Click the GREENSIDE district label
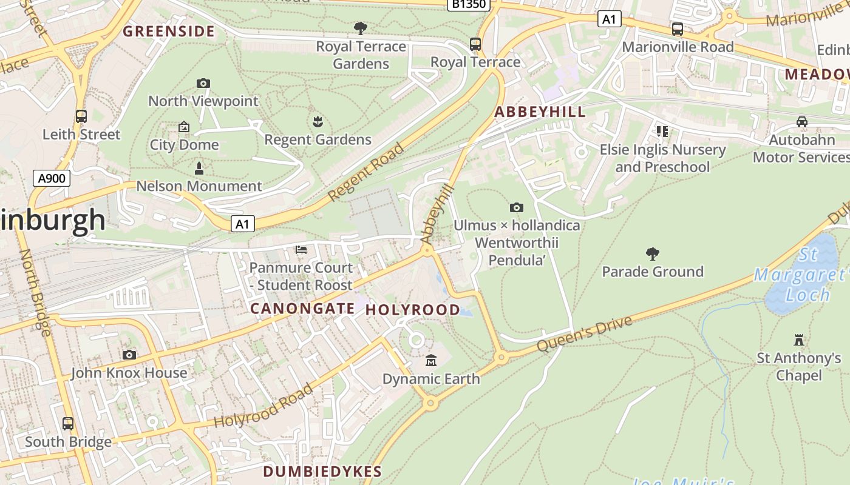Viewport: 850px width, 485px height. pos(169,32)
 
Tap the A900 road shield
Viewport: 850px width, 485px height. pos(52,178)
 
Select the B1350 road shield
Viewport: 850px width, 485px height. pos(469,5)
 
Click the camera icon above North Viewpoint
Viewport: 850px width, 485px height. pos(203,83)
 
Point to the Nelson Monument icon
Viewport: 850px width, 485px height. pos(199,168)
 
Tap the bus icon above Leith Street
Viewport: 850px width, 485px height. pos(81,116)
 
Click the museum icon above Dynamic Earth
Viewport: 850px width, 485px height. pos(431,361)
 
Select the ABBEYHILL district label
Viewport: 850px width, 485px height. pos(540,112)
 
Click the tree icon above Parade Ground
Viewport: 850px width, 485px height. pos(653,253)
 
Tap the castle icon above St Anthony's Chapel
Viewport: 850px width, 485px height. pos(799,339)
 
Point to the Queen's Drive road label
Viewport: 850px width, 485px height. pos(584,334)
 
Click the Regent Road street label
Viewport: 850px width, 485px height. pos(366,172)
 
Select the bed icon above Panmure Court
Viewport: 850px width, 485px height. pos(301,249)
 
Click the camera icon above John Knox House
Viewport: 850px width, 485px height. pos(129,355)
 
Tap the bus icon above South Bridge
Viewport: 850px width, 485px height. pos(68,423)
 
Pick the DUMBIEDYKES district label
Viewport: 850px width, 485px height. pos(322,472)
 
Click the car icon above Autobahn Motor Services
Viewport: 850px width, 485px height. pos(802,122)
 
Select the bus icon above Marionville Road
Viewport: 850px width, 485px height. pos(678,28)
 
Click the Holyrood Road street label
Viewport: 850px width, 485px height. pos(263,406)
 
